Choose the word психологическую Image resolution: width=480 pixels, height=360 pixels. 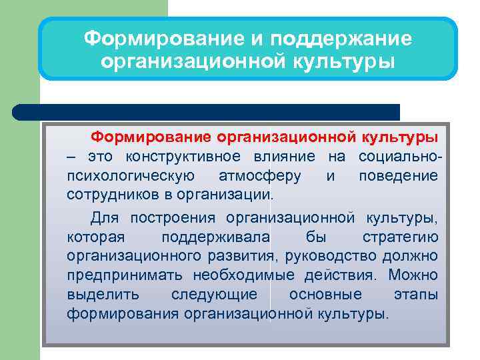131,176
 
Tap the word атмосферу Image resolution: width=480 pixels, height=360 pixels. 259,176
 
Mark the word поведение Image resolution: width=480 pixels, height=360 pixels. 398,176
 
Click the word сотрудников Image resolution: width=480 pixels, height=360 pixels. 106,195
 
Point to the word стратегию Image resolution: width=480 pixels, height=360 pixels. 400,237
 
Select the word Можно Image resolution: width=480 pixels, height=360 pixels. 413,275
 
